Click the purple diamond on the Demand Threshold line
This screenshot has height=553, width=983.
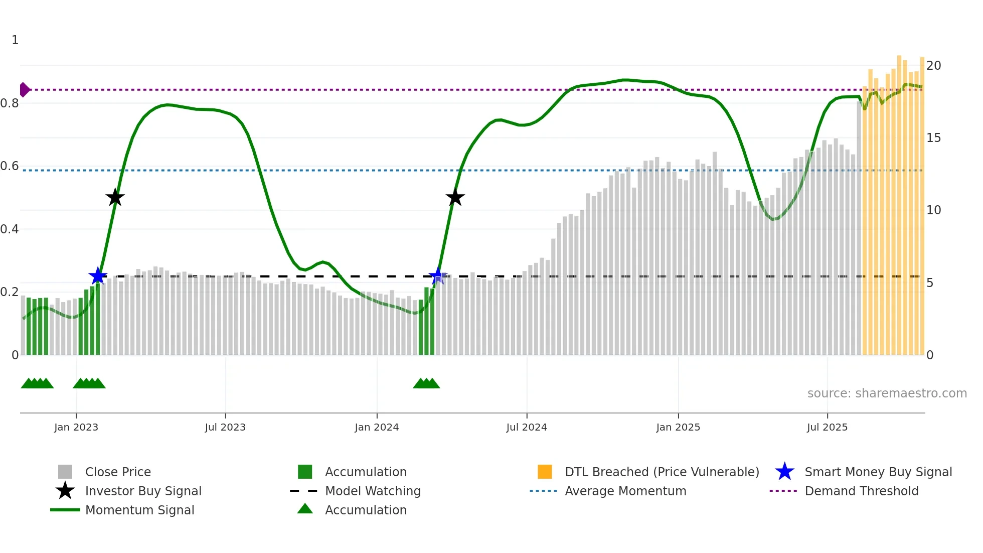coord(24,90)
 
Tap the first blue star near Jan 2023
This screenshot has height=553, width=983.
coord(98,275)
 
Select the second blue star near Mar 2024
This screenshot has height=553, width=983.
coord(437,275)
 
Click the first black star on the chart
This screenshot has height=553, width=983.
coord(115,197)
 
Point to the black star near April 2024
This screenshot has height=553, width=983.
coord(455,197)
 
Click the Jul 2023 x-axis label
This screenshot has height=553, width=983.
coord(225,427)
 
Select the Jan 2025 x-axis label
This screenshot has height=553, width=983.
coord(678,427)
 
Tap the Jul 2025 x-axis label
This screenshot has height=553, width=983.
coord(827,427)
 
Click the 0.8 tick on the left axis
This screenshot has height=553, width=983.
coord(10,103)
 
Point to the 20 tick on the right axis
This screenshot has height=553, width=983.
coord(933,66)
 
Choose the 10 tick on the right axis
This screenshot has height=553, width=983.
coord(933,210)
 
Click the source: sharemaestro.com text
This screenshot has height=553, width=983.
coord(887,393)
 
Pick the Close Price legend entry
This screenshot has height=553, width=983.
coord(118,472)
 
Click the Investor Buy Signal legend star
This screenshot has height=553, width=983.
coord(65,491)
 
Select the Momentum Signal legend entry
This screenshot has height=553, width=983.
coord(139,510)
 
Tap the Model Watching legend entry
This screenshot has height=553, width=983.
coord(373,491)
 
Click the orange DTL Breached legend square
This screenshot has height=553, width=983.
coord(545,472)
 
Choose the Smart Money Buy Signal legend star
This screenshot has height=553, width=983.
coord(784,472)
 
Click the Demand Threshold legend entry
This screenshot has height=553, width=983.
coord(861,491)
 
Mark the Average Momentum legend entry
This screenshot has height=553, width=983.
coord(625,491)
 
